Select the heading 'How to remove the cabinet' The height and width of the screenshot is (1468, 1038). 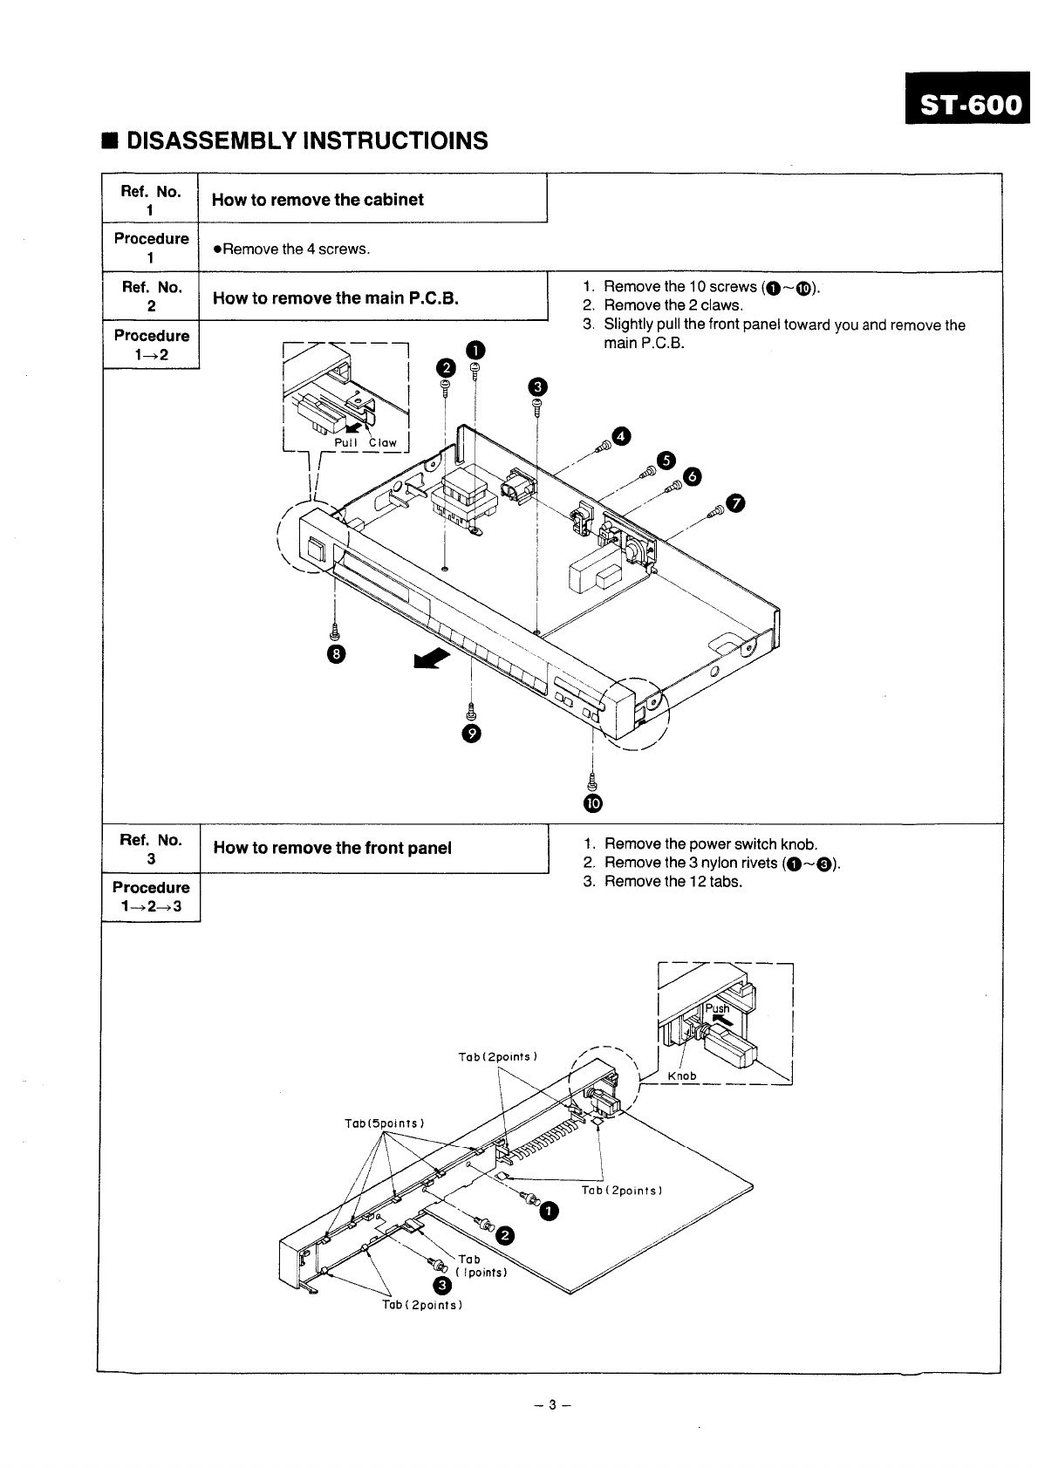(x=318, y=200)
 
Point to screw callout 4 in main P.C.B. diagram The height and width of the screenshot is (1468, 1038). (x=620, y=436)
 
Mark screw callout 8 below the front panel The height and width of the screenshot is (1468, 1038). (x=336, y=654)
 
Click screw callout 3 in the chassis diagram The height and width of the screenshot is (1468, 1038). (x=537, y=386)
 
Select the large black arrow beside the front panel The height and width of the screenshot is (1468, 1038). (x=428, y=660)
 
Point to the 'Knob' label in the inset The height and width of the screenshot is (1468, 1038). (x=682, y=1075)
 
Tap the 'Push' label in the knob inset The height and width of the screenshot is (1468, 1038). (x=717, y=1009)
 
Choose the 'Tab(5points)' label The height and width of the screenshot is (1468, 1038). (x=385, y=1122)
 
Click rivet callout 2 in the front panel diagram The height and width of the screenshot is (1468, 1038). (x=505, y=1234)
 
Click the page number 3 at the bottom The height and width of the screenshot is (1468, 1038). (x=551, y=1405)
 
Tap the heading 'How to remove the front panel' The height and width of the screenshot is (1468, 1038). (x=332, y=848)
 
